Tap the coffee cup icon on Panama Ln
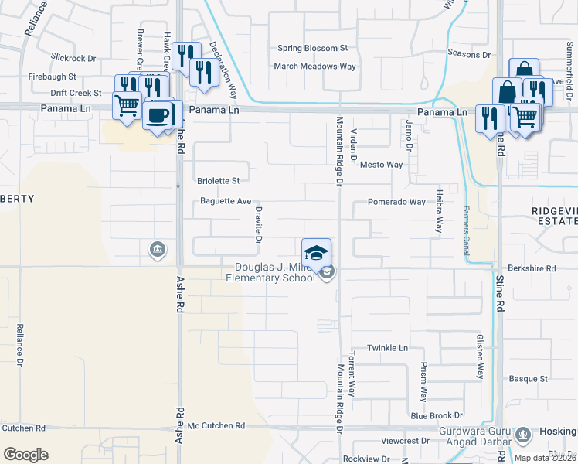pos(158,116)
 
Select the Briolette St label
pos(219,181)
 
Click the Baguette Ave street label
pos(226,202)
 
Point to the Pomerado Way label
pos(396,202)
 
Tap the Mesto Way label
pos(382,165)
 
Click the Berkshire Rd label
pos(532,268)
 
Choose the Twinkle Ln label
pos(387,348)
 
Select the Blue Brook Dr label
pos(437,415)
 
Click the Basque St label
pos(528,379)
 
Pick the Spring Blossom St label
pos(313,48)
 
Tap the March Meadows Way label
pos(314,67)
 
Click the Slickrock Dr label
pos(73,57)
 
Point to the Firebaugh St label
pos(52,77)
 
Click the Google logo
pos(25,454)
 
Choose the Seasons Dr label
pos(469,55)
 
